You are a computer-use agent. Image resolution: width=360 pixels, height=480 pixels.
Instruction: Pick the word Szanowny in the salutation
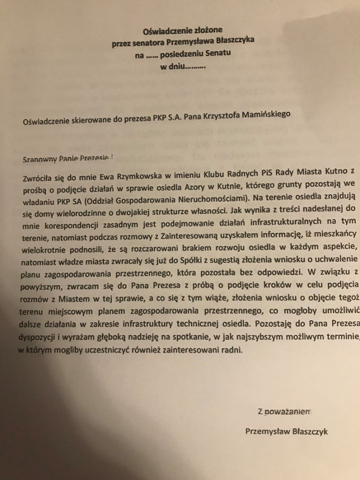pyautogui.click(x=40, y=158)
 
